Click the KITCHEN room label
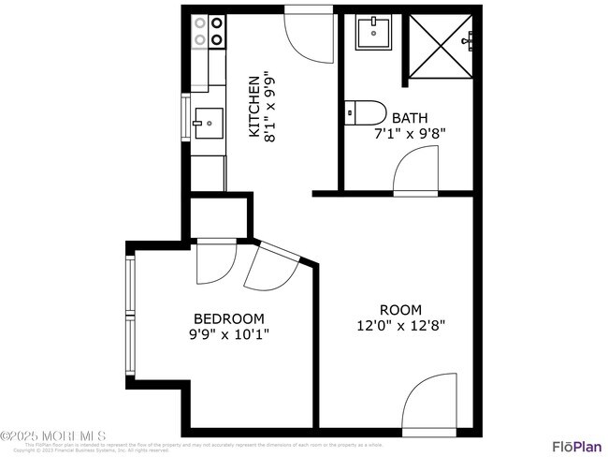click(x=253, y=106)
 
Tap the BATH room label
click(x=409, y=118)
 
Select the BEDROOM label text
click(x=229, y=318)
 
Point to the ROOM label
click(x=400, y=310)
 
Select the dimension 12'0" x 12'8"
click(x=400, y=326)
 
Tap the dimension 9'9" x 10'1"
click(x=229, y=333)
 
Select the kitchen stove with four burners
click(x=208, y=31)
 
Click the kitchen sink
click(x=207, y=122)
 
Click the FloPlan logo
click(x=576, y=446)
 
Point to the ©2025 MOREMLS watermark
click(x=53, y=436)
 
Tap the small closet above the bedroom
click(x=220, y=217)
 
